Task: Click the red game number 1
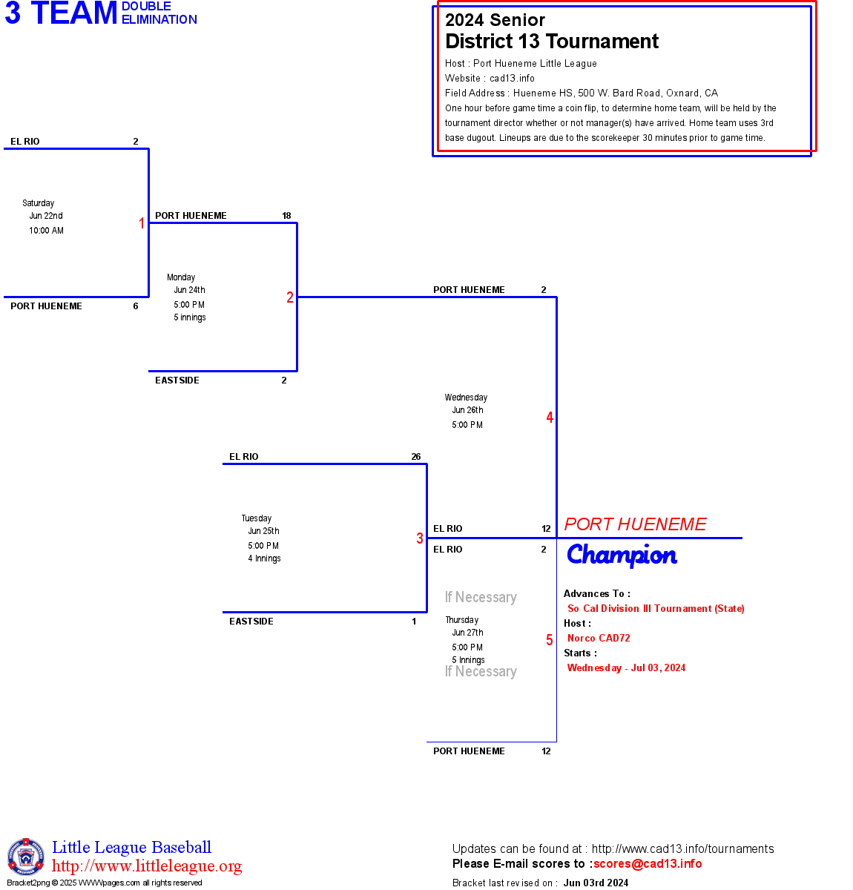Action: pyautogui.click(x=142, y=223)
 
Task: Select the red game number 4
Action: pyautogui.click(x=550, y=418)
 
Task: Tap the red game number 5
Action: pyautogui.click(x=550, y=640)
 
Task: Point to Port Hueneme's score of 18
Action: pyautogui.click(x=286, y=216)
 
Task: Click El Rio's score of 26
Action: pyautogui.click(x=416, y=457)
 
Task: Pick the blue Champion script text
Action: pyautogui.click(x=622, y=556)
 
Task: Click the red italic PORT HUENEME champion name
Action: pyautogui.click(x=635, y=524)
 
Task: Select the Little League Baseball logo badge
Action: pyautogui.click(x=26, y=857)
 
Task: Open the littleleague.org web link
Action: pyautogui.click(x=147, y=866)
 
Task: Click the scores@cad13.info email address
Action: pyautogui.click(x=648, y=863)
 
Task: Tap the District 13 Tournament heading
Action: pyautogui.click(x=552, y=42)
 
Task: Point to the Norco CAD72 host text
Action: pyautogui.click(x=599, y=638)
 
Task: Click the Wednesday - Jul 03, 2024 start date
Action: pyautogui.click(x=626, y=667)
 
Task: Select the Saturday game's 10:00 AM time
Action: pyautogui.click(x=46, y=231)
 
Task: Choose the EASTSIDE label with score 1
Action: pyautogui.click(x=251, y=622)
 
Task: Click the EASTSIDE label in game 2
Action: pyautogui.click(x=177, y=380)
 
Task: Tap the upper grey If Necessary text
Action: pyautogui.click(x=481, y=597)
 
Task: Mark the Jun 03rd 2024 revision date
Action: pyautogui.click(x=596, y=883)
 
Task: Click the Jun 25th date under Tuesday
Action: pyautogui.click(x=263, y=531)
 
